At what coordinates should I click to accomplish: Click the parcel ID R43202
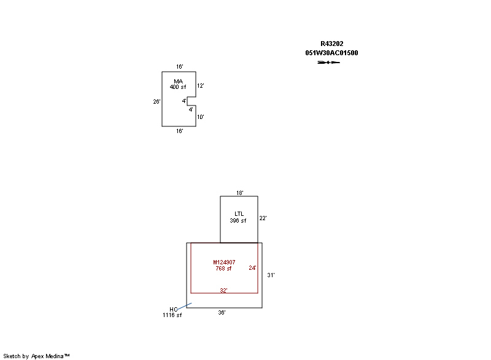coord(331,44)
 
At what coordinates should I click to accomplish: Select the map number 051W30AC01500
coord(331,53)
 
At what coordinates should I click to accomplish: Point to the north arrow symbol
coord(328,62)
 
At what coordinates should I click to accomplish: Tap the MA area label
coord(178,82)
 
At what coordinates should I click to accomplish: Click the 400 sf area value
coord(178,87)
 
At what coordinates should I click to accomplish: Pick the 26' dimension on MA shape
coord(157,102)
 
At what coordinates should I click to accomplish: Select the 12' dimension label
coord(201,86)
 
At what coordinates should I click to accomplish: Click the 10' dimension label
coord(201,117)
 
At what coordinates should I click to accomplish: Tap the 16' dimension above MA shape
coord(179,67)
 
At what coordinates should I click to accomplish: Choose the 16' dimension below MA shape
coord(179,131)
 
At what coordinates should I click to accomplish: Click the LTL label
coord(239,214)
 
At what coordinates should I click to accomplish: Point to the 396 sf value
coord(238,221)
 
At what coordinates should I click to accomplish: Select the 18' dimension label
coord(240,193)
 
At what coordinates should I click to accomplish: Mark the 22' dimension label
coord(263,218)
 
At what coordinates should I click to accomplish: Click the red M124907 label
coord(224,262)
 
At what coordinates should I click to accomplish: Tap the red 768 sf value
coord(223,269)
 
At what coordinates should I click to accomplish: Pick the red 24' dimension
coord(253,268)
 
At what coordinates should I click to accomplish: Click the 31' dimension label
coord(271,275)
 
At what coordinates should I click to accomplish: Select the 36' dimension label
coord(222,312)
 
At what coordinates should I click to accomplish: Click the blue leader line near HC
coord(184,307)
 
